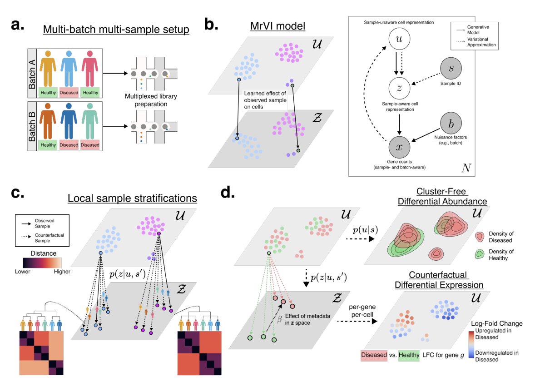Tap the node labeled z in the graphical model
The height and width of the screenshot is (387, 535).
click(x=399, y=89)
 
